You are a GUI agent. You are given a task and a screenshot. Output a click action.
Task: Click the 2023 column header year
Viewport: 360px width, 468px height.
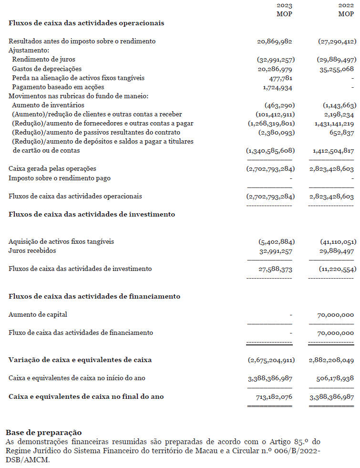point(285,6)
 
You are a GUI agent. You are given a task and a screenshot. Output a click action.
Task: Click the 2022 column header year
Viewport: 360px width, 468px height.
point(346,6)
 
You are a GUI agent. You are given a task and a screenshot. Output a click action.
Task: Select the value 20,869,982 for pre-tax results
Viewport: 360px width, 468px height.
point(274,42)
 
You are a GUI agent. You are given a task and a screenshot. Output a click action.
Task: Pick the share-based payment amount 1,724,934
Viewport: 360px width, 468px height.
point(278,87)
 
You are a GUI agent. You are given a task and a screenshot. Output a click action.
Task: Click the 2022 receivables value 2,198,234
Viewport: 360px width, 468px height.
point(337,114)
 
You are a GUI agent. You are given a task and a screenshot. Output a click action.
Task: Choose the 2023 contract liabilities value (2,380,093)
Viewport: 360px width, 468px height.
point(277,132)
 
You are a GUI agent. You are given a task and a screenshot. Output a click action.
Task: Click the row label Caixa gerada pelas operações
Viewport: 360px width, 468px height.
point(52,168)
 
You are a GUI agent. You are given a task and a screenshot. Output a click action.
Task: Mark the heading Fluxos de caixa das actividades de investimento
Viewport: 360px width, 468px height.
point(92,214)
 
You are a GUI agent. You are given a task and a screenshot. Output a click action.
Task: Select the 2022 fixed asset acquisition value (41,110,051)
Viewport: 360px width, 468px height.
point(337,241)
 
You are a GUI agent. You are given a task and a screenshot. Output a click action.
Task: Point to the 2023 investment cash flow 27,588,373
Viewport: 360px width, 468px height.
point(275,269)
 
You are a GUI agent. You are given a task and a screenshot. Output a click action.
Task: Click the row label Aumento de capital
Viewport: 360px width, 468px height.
point(38,314)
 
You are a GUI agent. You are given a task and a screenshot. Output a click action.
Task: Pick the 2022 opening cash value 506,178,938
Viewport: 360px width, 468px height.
point(335,378)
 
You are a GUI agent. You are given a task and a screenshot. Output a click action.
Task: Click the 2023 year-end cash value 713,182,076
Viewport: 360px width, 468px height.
point(274,396)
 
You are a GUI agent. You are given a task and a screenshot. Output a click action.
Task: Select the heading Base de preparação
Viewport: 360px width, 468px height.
point(43,433)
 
